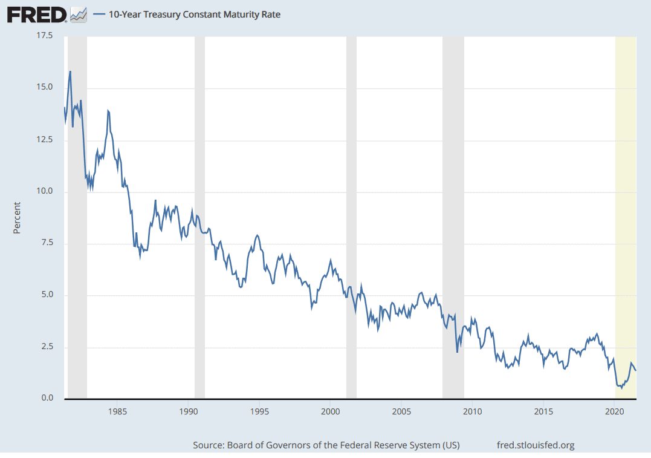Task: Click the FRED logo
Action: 36,15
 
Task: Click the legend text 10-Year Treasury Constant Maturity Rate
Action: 194,15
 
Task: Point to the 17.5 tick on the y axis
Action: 45,36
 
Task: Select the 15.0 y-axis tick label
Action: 45,88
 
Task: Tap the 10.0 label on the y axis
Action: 45,191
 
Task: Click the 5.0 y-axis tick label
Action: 48,295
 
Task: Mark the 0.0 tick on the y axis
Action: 48,399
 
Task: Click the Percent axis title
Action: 17,218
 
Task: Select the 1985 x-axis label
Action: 117,411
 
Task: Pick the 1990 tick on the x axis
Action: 189,411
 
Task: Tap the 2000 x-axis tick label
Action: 330,411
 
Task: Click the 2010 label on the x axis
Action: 472,411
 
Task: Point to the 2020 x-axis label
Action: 614,411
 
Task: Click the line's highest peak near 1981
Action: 70,71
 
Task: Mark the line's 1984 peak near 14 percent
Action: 108,111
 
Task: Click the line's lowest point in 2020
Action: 621,388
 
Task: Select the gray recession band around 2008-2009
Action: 453,218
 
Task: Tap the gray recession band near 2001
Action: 351,218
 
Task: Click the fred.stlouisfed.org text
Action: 534,445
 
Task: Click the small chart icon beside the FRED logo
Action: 79,15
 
